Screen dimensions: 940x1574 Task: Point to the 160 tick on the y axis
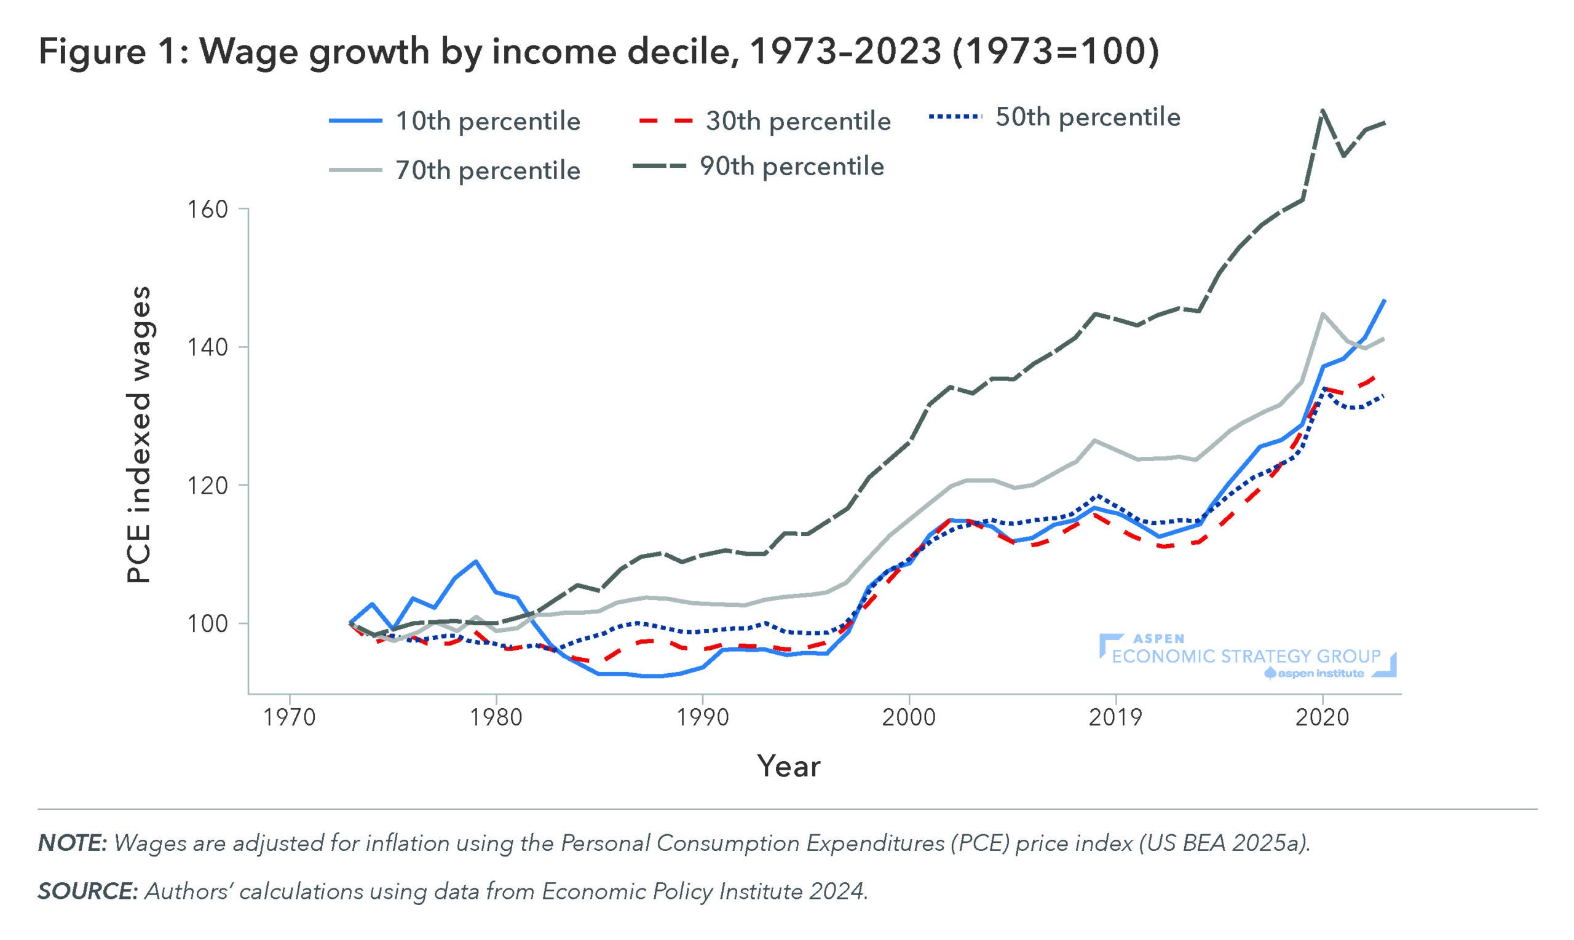207,209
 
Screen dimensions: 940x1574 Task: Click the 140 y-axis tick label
207,347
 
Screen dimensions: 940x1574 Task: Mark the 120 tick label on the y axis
207,485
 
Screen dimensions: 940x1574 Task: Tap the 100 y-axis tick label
207,623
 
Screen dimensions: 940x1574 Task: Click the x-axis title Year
789,766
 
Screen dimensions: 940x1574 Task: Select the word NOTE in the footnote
71,843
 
